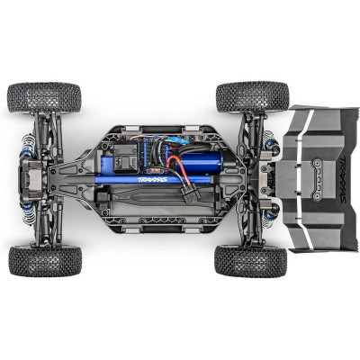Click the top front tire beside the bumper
pos(44,97)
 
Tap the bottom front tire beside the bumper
pos(45,261)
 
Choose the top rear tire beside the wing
pos(252,96)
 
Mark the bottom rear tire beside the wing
pos(251,260)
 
